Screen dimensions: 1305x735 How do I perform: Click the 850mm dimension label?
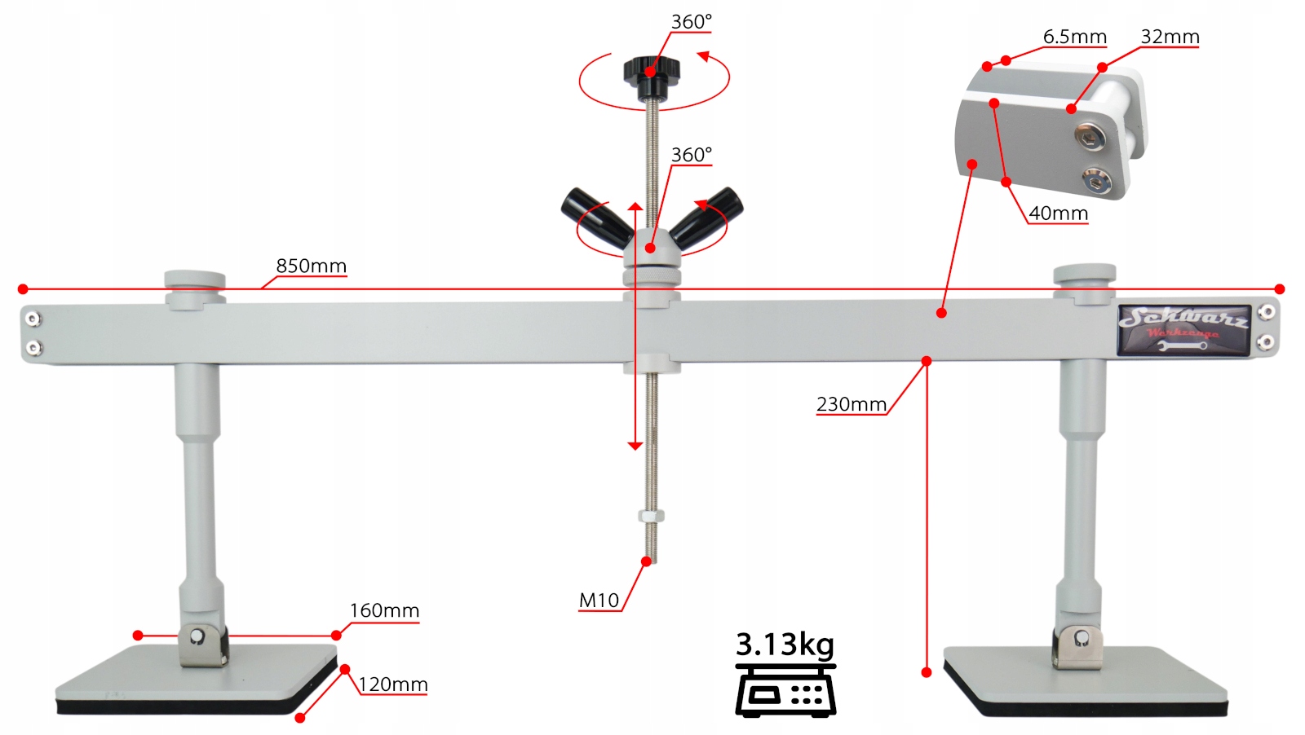pos(311,266)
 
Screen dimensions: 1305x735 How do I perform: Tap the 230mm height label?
pos(851,404)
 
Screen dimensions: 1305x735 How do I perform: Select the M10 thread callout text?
pos(599,601)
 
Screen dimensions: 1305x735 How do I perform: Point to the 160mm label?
pos(384,611)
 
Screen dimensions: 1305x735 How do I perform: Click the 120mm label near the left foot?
pos(393,684)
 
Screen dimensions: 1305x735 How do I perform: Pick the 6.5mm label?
pos(1074,37)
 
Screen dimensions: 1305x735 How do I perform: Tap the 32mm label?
pos(1170,37)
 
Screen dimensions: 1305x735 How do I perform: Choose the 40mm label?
pos(1058,213)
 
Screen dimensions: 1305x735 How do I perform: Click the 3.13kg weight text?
pos(785,644)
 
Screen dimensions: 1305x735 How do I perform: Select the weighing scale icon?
pos(785,690)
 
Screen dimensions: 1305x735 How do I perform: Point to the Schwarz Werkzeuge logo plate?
pos(1183,330)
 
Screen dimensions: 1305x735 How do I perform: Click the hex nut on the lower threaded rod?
pos(651,516)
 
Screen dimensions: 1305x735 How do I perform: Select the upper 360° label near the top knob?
pos(691,22)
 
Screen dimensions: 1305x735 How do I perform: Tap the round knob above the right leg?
pos(1084,275)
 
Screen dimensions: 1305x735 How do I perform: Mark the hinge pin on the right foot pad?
pos(1082,637)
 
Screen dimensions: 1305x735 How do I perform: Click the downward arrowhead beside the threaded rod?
pos(635,446)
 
